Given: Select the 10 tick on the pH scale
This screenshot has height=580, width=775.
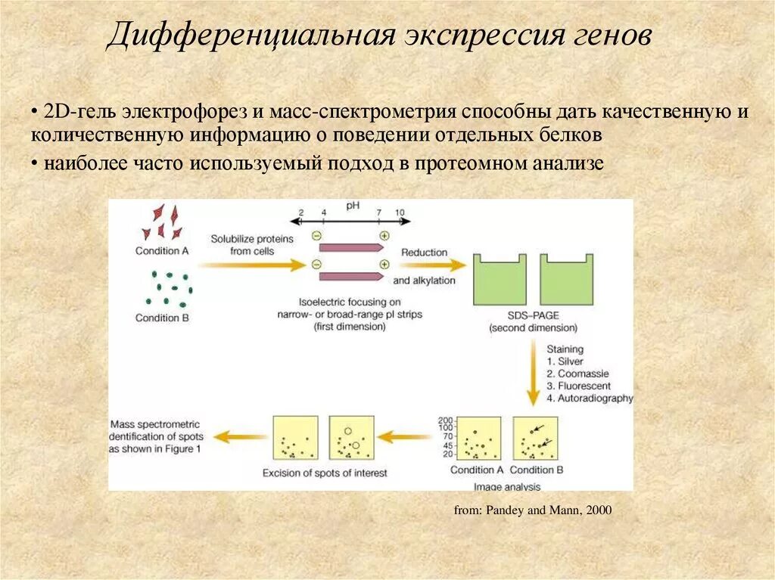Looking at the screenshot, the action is [400, 212].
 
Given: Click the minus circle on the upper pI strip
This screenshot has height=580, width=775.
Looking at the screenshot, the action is [316, 235].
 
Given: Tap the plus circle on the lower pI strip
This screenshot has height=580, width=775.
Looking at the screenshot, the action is [384, 264].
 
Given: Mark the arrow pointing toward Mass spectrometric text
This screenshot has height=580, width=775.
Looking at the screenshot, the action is [240, 436].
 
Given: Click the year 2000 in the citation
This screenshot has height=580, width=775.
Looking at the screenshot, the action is [598, 511].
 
